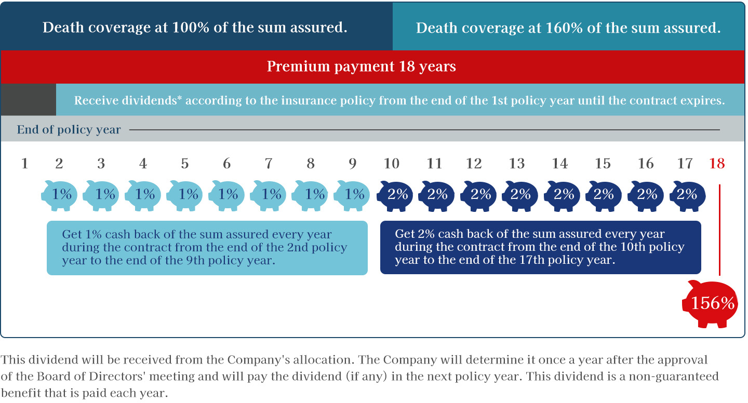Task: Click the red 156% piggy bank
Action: click(x=710, y=303)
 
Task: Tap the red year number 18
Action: click(x=717, y=164)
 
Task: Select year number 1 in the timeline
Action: click(x=24, y=164)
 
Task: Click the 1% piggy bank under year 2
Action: click(x=59, y=196)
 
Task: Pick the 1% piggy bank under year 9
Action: click(x=352, y=196)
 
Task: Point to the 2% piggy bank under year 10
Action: click(x=395, y=196)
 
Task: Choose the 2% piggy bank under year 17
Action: click(x=688, y=196)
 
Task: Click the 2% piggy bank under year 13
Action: click(x=520, y=196)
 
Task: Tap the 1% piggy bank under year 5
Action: click(x=184, y=196)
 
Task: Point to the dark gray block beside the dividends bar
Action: click(x=29, y=100)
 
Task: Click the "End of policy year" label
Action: click(x=69, y=129)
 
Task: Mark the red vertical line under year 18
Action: click(x=719, y=230)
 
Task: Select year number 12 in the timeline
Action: click(x=474, y=164)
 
